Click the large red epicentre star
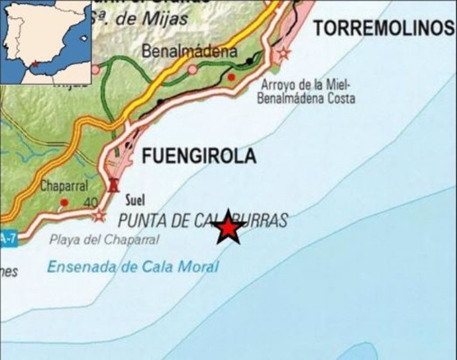click(228, 228)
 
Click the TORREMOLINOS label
click(383, 28)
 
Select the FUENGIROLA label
click(198, 156)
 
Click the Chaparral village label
click(64, 187)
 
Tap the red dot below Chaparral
click(64, 202)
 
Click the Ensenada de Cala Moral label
click(132, 267)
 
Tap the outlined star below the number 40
click(99, 215)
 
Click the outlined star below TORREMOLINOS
click(284, 53)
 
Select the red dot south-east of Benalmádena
click(231, 77)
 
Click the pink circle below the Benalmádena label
click(192, 69)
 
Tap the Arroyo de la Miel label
click(306, 85)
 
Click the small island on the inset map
click(84, 38)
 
